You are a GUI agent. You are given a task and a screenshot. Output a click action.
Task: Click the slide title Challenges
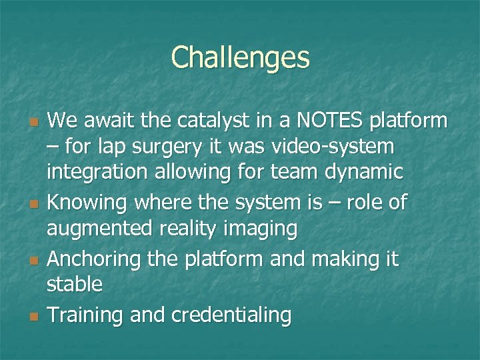click(x=240, y=58)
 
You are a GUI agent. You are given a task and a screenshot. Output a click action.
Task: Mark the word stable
click(x=75, y=285)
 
